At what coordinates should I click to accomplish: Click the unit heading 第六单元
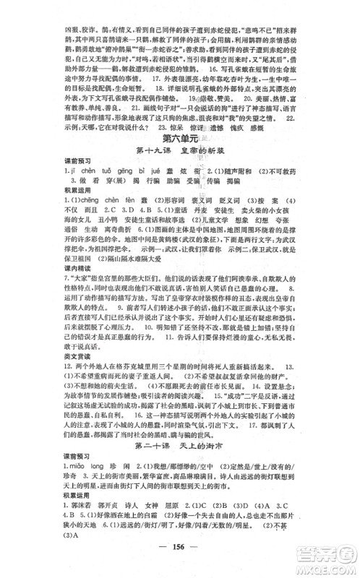tap(180, 137)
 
